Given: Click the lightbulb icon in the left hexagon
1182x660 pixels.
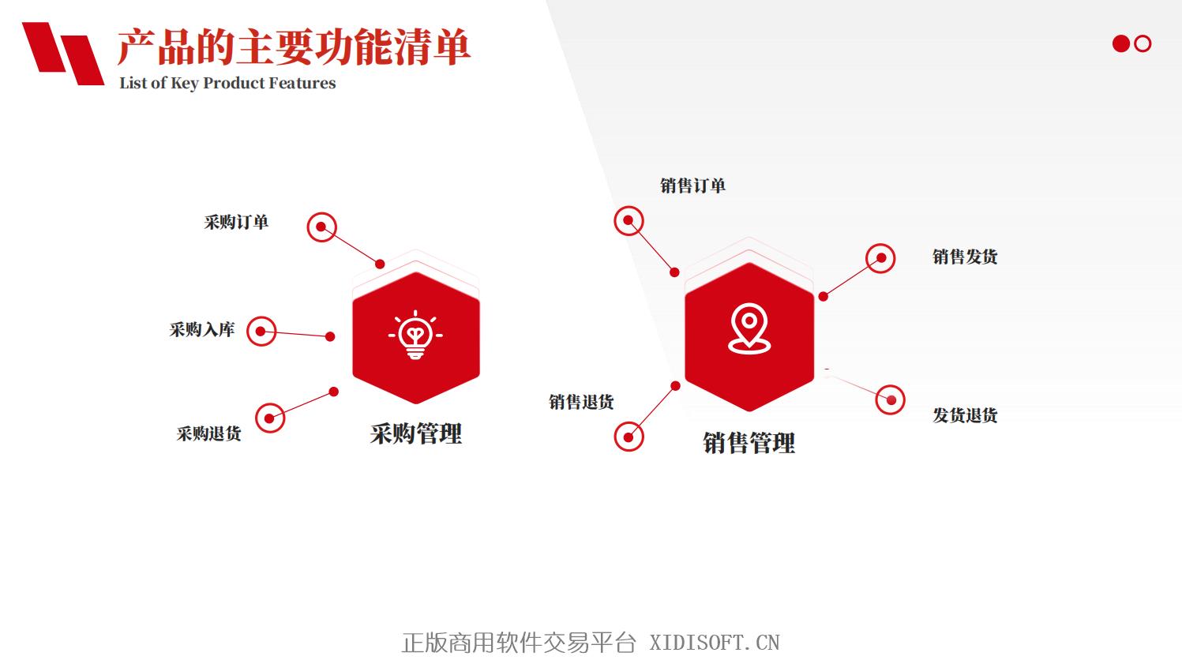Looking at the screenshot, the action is pos(415,335).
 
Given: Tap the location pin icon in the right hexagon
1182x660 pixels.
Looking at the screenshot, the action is pos(749,328).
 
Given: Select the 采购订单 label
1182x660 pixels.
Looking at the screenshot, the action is pos(236,222).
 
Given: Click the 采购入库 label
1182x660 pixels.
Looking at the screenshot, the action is pos(201,330).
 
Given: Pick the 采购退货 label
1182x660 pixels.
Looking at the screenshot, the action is pos(209,433).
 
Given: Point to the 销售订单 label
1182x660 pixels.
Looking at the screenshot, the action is pos(692,186).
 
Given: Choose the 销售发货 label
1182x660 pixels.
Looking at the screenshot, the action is pos(965,257).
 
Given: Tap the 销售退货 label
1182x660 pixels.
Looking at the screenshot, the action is pos(581,402).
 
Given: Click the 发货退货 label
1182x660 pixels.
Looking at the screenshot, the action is pos(965,415).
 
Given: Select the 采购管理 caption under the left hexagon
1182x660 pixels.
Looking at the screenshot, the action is pos(416,434).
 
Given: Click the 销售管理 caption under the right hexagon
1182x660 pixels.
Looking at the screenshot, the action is pos(749,443).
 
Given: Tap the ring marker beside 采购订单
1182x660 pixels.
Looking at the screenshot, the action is pos(322,213).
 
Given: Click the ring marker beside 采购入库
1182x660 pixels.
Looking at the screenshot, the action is pos(261,317).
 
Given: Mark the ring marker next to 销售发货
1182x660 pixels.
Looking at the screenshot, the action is pos(880,244).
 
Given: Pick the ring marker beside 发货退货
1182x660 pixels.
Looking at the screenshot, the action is pos(890,386).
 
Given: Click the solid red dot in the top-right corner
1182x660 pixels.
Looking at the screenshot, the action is pos(1120,43).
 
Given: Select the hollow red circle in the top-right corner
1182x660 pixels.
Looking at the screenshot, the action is pos(1143,36).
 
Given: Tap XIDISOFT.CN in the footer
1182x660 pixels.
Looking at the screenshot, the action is pos(714,643).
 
